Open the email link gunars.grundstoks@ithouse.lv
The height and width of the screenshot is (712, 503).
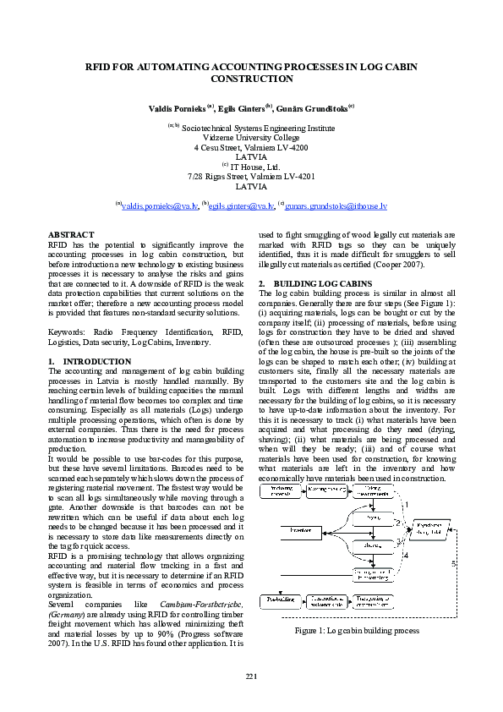click(336, 206)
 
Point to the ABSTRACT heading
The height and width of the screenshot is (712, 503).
click(71, 234)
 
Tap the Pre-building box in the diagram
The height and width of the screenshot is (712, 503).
click(276, 600)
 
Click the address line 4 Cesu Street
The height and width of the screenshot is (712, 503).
click(251, 147)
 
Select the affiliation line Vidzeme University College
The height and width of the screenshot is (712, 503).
click(251, 137)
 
